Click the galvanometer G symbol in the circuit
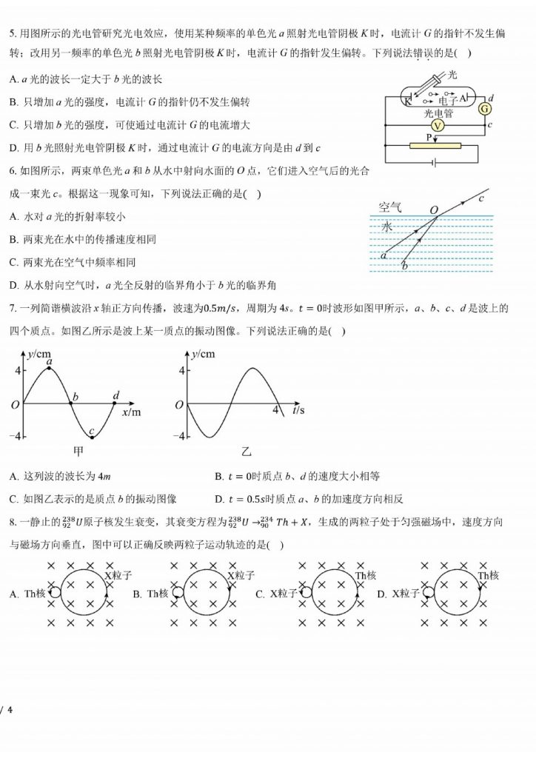486,109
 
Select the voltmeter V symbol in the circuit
438,126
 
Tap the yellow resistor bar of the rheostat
435,145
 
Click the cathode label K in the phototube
408,102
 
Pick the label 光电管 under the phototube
438,113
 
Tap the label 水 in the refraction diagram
386,227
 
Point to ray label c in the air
482,198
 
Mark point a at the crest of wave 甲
49,362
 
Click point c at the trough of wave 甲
91,432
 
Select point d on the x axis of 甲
116,397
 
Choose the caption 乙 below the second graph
245,451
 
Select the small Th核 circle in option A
55,592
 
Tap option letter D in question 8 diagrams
381,594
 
